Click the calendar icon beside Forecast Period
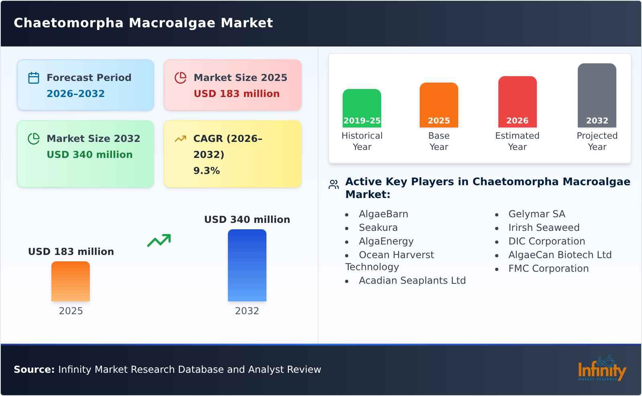tap(34, 78)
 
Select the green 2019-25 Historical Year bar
tap(362, 108)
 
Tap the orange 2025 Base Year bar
tap(439, 105)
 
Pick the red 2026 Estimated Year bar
tap(517, 102)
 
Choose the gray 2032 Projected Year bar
tap(597, 95)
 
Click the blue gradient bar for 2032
tap(247, 265)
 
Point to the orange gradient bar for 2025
tap(71, 281)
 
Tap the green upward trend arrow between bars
tap(159, 240)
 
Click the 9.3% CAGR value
tap(207, 171)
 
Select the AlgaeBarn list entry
tap(384, 214)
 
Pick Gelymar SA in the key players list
tap(537, 214)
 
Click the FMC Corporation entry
tap(549, 268)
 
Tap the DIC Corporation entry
tap(547, 241)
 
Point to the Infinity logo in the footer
tap(602, 368)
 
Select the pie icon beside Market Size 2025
tap(181, 78)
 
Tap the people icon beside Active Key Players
tap(333, 184)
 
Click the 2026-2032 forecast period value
tap(76, 94)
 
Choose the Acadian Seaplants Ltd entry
tap(412, 280)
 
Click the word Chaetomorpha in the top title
tap(69, 23)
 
